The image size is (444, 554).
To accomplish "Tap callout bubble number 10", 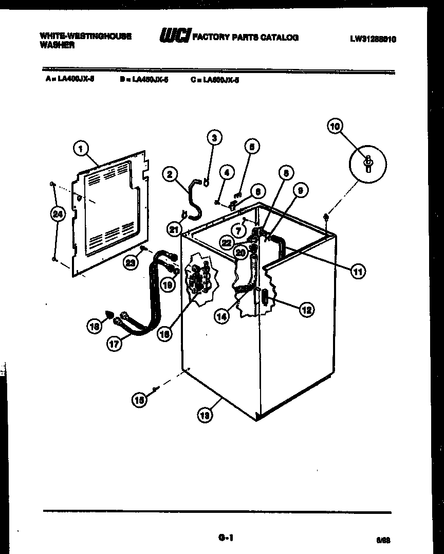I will [335, 126].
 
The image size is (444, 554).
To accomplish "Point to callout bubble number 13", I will [205, 416].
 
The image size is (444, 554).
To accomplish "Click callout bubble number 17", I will [115, 344].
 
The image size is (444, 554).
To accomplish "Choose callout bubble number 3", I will [214, 137].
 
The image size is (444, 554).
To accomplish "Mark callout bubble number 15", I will [139, 400].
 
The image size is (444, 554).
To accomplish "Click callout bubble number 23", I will [132, 262].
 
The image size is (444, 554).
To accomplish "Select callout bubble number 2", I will [169, 174].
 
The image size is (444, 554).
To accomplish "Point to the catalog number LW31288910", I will [373, 39].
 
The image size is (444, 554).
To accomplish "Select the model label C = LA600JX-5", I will [214, 80].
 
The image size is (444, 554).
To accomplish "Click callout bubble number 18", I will [94, 325].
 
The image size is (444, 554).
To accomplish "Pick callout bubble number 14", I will [222, 317].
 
